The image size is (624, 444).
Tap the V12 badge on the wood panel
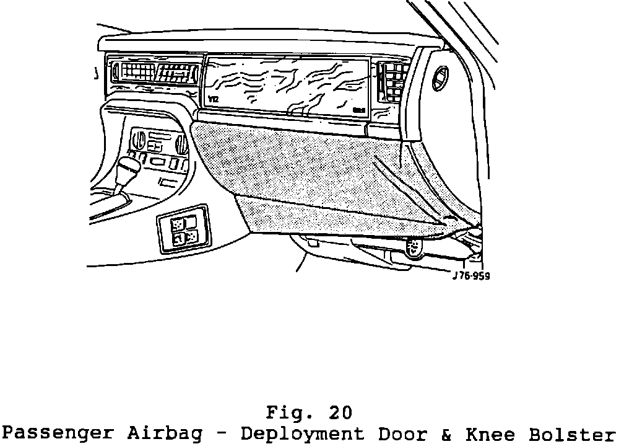point(214,99)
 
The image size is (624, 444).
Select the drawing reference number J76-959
point(471,277)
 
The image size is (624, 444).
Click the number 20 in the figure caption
point(339,412)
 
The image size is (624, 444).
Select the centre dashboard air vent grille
point(154,73)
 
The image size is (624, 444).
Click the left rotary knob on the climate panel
point(138,137)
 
